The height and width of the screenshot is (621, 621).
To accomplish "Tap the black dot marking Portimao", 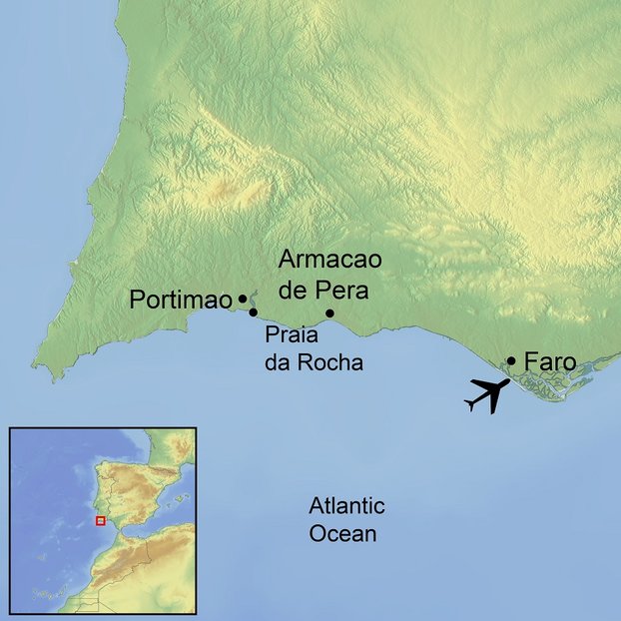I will point(243,299).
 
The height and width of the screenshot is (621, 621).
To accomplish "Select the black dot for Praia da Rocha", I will point(254,312).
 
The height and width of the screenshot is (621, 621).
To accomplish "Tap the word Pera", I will point(344,292).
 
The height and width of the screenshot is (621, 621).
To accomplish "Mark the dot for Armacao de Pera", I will point(330,313).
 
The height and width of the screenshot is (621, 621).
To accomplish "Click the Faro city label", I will point(549,361).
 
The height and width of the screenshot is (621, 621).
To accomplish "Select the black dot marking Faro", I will point(511,360).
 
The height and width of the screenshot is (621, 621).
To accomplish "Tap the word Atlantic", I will point(346,506).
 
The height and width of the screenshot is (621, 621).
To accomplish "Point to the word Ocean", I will point(342,534).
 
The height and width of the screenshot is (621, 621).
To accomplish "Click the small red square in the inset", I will point(99,520).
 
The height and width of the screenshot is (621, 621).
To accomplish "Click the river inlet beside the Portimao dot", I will point(251,299).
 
